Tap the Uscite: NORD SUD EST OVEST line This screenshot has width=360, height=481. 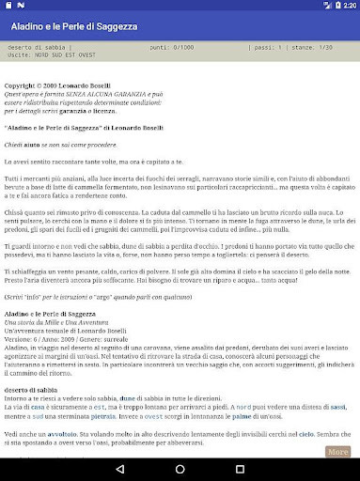[x=56, y=54]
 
